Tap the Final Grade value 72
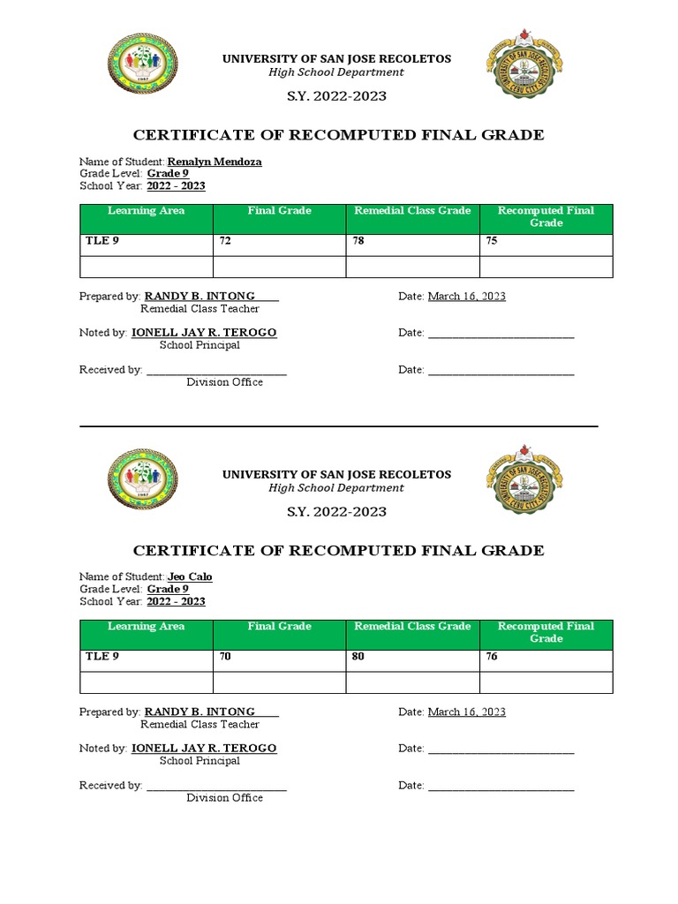tap(226, 240)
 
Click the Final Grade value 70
tap(226, 656)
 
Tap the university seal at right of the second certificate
tap(524, 482)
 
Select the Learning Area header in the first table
tap(146, 211)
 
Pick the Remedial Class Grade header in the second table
tap(412, 626)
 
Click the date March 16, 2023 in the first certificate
tap(466, 297)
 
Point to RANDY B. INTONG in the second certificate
tap(200, 712)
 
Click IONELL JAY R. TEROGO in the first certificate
tap(203, 333)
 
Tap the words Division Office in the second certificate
tap(224, 798)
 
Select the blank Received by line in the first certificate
tap(216, 371)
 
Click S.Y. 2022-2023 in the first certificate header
tap(336, 96)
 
